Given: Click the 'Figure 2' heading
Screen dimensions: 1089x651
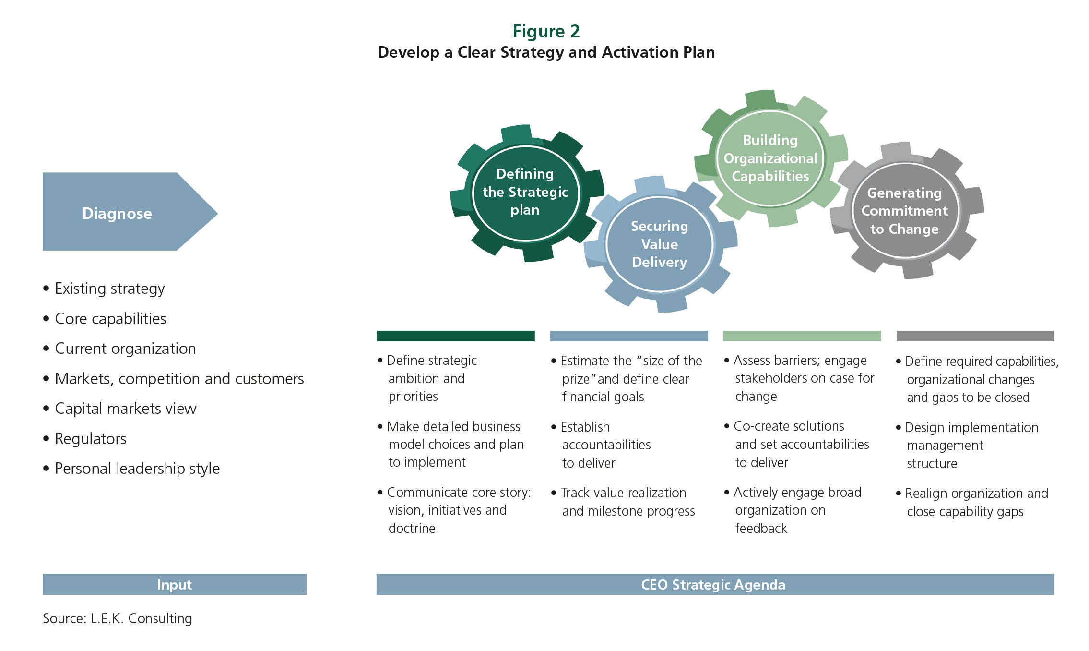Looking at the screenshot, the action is [x=546, y=31].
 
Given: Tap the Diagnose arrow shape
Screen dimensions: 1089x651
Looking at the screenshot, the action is [x=130, y=211].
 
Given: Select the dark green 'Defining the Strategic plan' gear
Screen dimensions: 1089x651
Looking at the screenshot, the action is [x=526, y=193].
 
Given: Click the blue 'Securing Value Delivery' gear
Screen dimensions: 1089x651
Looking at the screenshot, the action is [x=660, y=244].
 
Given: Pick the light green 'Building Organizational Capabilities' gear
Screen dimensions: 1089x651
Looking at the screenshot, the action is [x=770, y=158].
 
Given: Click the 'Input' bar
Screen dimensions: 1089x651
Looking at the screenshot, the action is [x=175, y=584].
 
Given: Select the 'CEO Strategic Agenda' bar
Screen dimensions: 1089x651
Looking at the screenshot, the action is [x=715, y=584].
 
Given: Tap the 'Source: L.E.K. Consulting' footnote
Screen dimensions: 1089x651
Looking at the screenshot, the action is [x=118, y=618].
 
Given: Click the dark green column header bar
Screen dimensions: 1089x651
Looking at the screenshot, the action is [x=456, y=336].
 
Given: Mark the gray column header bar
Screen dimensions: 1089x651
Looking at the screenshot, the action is [x=975, y=336].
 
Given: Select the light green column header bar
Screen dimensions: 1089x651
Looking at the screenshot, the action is [x=802, y=336].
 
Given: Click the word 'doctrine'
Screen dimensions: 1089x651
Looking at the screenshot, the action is [x=412, y=528].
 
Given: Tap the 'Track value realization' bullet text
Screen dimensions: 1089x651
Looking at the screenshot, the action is [x=623, y=493].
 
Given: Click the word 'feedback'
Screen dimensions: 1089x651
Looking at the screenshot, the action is [x=761, y=528].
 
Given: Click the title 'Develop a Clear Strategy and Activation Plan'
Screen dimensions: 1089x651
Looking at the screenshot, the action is [x=546, y=52].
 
